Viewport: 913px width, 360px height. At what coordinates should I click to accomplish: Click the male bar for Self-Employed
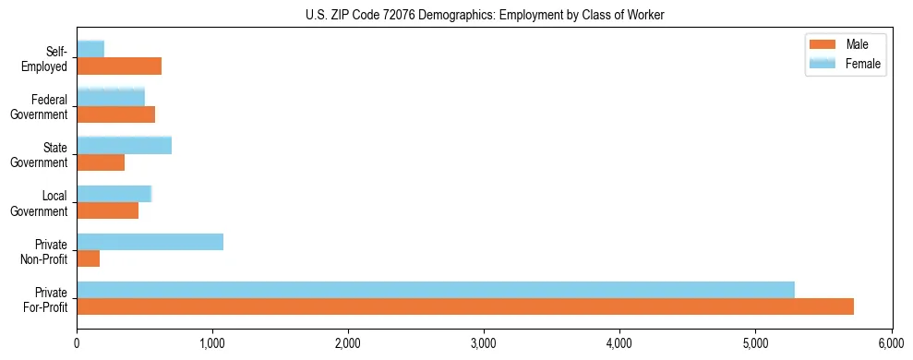coord(119,66)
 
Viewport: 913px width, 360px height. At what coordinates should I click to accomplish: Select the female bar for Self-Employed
coord(90,49)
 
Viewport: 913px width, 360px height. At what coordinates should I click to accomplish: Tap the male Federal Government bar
coord(115,114)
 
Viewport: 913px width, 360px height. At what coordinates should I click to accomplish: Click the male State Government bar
coord(101,162)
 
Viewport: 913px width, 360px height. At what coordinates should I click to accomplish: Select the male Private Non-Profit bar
coord(88,258)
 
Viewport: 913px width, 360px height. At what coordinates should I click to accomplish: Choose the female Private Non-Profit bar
coord(150,241)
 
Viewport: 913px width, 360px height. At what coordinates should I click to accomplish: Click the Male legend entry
coord(850,44)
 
